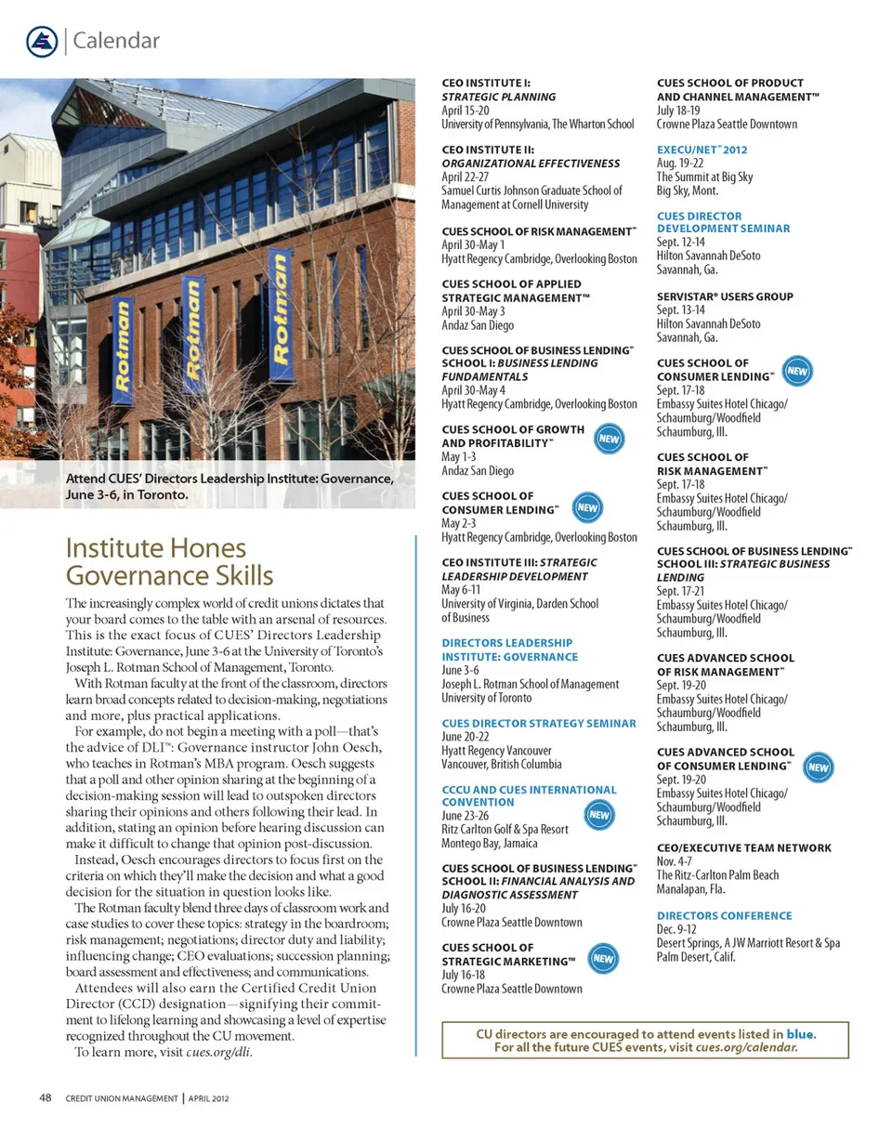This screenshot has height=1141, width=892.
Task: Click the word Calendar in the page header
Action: [115, 41]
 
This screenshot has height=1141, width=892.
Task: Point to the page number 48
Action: [45, 1097]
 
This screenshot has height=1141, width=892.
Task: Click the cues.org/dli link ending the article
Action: [218, 1053]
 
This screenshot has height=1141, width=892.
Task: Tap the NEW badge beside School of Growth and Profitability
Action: [608, 438]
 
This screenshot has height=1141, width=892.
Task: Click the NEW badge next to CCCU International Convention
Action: [599, 815]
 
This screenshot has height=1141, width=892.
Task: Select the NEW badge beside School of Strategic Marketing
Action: [603, 958]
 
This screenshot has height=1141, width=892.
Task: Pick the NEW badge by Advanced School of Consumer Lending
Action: [818, 767]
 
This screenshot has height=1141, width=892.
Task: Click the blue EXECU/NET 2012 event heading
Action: [702, 149]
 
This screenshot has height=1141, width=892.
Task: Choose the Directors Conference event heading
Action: [724, 915]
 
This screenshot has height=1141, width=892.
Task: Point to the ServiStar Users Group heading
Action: [725, 296]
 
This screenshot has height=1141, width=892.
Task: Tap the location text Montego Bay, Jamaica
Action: [489, 844]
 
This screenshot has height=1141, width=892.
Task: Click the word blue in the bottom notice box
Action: [801, 1034]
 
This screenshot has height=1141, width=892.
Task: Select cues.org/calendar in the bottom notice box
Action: [746, 1047]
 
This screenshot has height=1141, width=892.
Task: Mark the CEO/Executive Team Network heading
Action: [743, 848]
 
